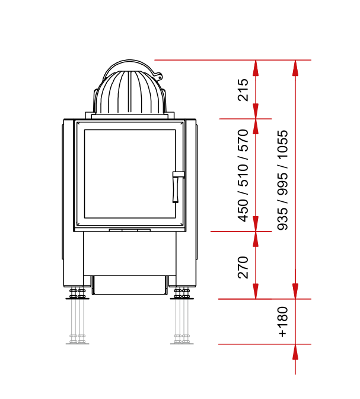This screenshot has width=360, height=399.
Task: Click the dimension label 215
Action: tap(243, 90)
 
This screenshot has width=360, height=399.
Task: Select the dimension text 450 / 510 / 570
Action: tap(243, 176)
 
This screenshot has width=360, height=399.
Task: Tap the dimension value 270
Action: tap(243, 267)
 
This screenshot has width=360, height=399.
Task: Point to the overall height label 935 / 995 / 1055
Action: tap(282, 180)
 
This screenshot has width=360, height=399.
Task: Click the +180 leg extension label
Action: tap(283, 322)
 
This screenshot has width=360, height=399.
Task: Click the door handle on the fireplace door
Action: tap(177, 186)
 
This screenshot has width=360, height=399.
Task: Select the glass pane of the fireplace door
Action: tap(130, 174)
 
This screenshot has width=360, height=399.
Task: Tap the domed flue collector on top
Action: tap(130, 88)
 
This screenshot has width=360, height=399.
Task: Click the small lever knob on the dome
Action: tap(158, 77)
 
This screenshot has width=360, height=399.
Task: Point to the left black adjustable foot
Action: tap(77, 294)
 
